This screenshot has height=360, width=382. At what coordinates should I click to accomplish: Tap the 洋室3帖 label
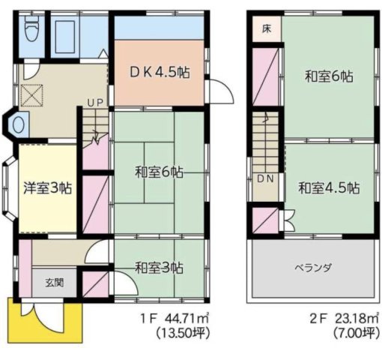click(x=47, y=188)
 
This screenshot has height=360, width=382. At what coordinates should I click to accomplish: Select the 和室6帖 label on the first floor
click(x=159, y=172)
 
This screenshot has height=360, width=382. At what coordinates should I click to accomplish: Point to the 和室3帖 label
click(x=159, y=267)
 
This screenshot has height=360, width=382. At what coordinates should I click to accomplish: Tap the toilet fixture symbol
click(x=31, y=32)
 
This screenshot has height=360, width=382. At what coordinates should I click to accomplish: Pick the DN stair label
click(x=264, y=178)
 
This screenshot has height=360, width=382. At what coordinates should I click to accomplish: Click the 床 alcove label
click(x=266, y=30)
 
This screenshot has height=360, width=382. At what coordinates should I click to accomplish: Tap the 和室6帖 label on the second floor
click(x=329, y=76)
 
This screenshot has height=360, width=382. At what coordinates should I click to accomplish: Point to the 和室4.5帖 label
click(x=327, y=187)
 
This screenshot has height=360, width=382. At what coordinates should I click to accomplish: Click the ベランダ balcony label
click(x=313, y=268)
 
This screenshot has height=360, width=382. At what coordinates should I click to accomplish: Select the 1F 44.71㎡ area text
click(x=172, y=319)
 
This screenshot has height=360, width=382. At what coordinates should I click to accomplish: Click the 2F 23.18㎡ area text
click(x=334, y=319)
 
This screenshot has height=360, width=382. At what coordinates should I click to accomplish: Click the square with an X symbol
click(x=32, y=95)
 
